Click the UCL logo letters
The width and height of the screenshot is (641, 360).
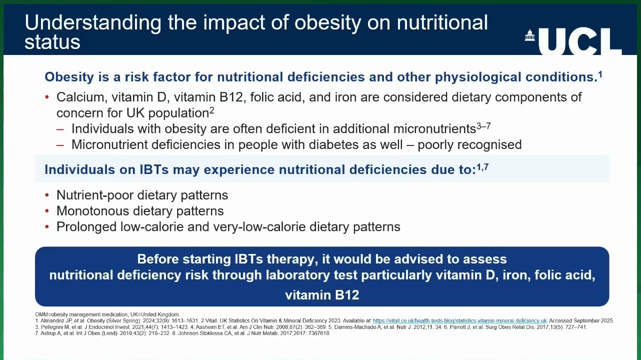point(580,41)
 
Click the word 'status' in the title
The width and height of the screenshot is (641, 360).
point(52,42)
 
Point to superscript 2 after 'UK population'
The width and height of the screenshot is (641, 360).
point(211,110)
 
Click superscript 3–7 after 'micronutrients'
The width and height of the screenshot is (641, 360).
point(483,126)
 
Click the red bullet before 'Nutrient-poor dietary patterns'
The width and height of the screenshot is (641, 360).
point(47,195)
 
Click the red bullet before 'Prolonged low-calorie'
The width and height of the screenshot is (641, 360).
point(47,227)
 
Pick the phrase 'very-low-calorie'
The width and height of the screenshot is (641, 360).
point(259,227)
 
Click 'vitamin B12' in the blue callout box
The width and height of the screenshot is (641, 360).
point(322,295)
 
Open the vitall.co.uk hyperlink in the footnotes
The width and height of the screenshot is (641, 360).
point(459,321)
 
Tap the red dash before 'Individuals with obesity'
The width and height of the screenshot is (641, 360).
point(60,129)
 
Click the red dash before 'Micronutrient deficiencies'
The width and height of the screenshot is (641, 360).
point(60,145)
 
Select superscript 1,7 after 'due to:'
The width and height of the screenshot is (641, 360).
point(482,167)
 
